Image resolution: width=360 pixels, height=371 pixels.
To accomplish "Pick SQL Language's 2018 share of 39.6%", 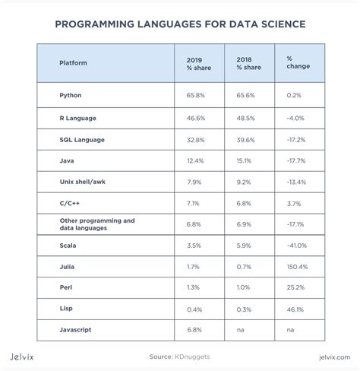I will point(246,140).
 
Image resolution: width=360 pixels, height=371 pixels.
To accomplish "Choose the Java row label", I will point(67,161).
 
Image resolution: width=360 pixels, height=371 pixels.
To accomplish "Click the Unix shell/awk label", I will point(84,182).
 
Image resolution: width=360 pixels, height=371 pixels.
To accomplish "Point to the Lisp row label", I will point(67,310).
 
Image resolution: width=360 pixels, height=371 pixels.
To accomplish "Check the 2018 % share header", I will point(248,63).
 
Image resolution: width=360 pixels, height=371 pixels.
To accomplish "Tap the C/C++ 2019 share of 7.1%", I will point(193,204).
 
